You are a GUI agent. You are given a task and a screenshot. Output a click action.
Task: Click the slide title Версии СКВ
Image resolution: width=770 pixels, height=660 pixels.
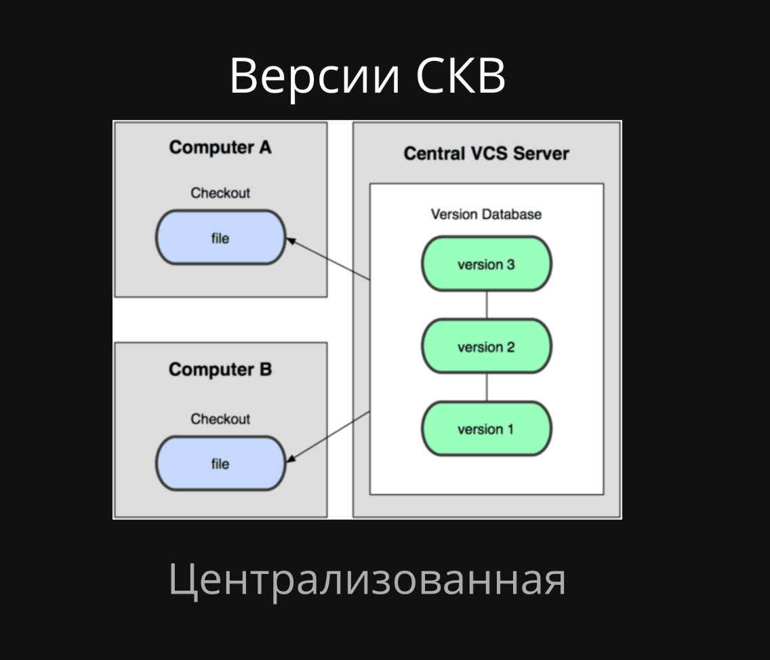[367, 75]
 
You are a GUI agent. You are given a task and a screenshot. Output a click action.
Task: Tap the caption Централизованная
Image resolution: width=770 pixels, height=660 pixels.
[367, 580]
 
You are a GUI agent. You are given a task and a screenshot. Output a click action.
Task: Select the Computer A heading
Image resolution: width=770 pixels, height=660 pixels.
[220, 147]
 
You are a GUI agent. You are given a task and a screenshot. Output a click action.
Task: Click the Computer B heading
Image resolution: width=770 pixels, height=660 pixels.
[220, 369]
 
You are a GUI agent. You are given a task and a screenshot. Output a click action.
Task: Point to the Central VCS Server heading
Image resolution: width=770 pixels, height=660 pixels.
[486, 153]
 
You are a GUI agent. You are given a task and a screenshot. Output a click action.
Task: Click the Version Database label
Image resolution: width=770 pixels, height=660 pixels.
[486, 214]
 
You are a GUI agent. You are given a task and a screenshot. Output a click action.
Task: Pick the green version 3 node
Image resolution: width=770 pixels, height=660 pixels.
[486, 264]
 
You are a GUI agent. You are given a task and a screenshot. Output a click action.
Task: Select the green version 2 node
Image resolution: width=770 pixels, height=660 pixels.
[486, 347]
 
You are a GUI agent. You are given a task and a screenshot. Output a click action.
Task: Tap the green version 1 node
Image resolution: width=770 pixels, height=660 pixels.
[486, 429]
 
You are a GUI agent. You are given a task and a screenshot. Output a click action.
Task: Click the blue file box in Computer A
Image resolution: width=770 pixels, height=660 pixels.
[220, 238]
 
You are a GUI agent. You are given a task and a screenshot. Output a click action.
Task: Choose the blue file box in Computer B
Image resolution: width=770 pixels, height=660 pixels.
[220, 464]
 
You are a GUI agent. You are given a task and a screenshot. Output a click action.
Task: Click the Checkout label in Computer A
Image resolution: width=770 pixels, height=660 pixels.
[220, 193]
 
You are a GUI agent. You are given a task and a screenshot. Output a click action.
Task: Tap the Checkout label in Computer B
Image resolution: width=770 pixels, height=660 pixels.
[220, 419]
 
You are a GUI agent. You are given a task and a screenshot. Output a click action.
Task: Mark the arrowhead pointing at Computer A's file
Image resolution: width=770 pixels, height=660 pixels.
[291, 240]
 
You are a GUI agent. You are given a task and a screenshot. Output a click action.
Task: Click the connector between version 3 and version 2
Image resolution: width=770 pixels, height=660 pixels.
[487, 306]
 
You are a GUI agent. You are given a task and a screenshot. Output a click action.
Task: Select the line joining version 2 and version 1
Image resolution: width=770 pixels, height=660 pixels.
[487, 388]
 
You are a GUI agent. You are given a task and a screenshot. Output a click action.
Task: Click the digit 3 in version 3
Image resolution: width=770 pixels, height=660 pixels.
[510, 264]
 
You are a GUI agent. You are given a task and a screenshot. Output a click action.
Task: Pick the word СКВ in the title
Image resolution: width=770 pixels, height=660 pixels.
[460, 75]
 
